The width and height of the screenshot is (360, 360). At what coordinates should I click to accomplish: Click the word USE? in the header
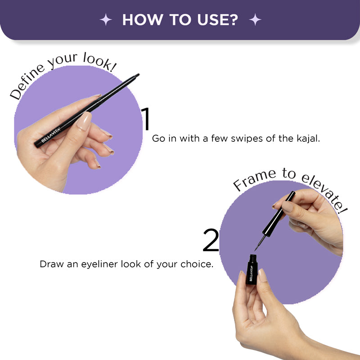coord(218,20)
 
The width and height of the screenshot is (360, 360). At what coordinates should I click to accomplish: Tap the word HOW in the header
coord(143,20)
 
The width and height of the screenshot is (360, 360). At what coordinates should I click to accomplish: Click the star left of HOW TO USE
coord(106,19)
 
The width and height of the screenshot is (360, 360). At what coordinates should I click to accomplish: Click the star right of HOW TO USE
coord(255,19)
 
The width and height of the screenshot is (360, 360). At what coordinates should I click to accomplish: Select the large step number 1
coord(145,119)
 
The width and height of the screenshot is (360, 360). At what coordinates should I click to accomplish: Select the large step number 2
coord(211,240)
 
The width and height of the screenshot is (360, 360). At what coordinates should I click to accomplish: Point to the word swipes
coord(247,139)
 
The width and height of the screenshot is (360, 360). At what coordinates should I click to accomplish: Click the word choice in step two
coord(197,264)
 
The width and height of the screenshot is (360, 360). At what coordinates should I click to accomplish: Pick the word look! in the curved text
coord(100,62)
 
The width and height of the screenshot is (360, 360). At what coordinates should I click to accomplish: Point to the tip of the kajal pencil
coord(138,74)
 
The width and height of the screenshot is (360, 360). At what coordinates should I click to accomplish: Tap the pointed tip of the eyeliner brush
coord(255,250)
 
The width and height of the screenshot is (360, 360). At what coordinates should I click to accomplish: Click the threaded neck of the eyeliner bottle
coord(253,257)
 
